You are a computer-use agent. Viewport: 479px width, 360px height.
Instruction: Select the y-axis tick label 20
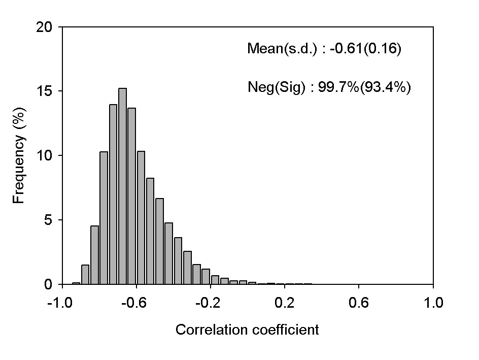pyautogui.click(x=45, y=27)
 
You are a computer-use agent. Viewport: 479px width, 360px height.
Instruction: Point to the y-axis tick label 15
pyautogui.click(x=45, y=91)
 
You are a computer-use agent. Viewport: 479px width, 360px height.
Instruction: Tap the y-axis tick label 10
pyautogui.click(x=45, y=155)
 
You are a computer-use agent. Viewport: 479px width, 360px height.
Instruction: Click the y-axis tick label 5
pyautogui.click(x=49, y=220)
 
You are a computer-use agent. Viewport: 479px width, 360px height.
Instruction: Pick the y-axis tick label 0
pyautogui.click(x=49, y=284)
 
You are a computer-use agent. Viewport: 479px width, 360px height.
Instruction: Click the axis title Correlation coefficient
pyautogui.click(x=247, y=330)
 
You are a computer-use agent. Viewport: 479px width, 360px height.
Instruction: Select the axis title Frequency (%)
pyautogui.click(x=19, y=155)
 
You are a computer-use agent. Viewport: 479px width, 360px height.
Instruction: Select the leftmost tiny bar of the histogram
pyautogui.click(x=76, y=283)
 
